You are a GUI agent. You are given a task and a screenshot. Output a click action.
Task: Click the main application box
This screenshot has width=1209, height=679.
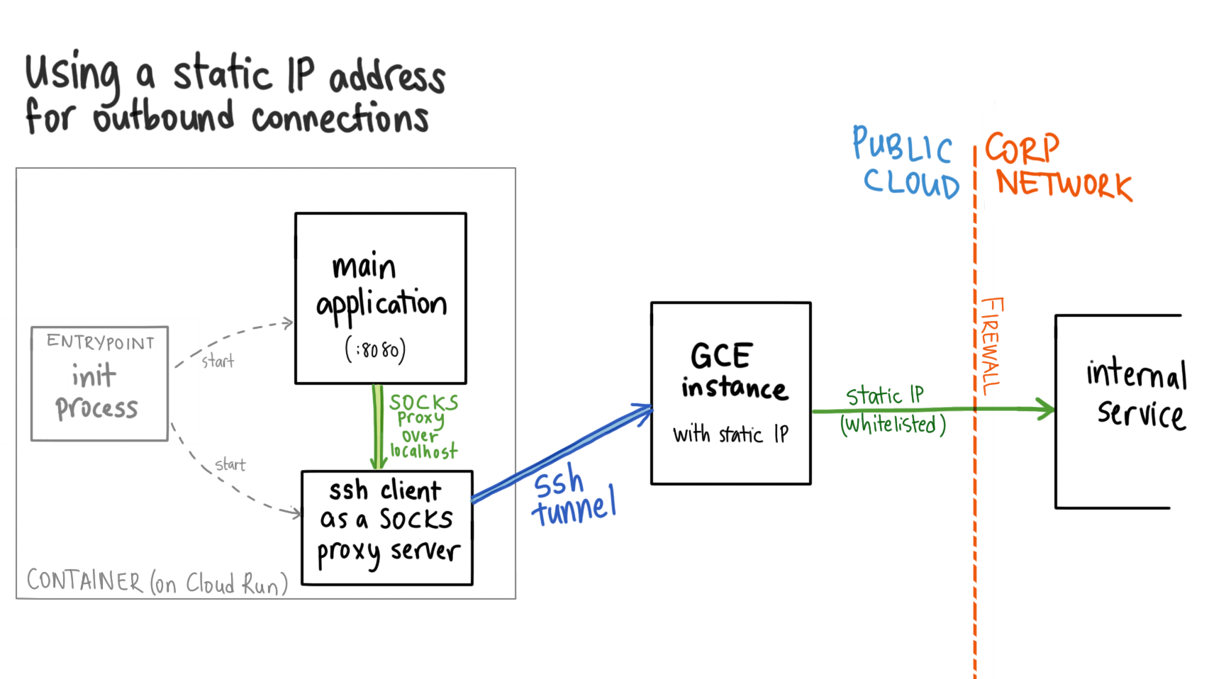pos(381,298)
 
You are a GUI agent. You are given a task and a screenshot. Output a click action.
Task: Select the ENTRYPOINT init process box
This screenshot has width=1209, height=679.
pos(99,383)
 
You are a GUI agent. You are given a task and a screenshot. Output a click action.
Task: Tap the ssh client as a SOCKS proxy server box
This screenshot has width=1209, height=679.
pos(387,527)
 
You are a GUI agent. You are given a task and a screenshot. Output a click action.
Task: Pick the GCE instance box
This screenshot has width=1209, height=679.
pos(730,393)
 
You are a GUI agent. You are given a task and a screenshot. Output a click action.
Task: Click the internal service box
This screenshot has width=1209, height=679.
pos(1120,411)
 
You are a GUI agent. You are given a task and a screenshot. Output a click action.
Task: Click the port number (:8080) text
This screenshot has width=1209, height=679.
pos(376,349)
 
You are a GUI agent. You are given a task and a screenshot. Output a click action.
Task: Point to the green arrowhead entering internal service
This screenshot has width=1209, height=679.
pos(1045,409)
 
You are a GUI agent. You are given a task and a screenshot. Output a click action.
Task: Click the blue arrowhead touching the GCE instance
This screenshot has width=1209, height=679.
pos(643,412)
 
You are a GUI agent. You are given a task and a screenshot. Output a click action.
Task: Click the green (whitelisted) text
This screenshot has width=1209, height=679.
pos(893,425)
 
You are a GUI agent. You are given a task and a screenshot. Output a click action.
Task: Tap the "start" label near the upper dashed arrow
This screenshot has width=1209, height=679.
pos(218,361)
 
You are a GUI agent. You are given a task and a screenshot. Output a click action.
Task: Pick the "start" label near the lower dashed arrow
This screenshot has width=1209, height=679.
pos(230,465)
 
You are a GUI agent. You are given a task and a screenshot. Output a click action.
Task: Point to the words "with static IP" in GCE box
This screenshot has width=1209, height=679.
pos(730,434)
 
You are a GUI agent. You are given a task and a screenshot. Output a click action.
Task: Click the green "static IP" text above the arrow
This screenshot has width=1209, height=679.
pos(885,395)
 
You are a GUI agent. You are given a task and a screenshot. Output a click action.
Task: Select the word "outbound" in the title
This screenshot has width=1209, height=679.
pos(164,117)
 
